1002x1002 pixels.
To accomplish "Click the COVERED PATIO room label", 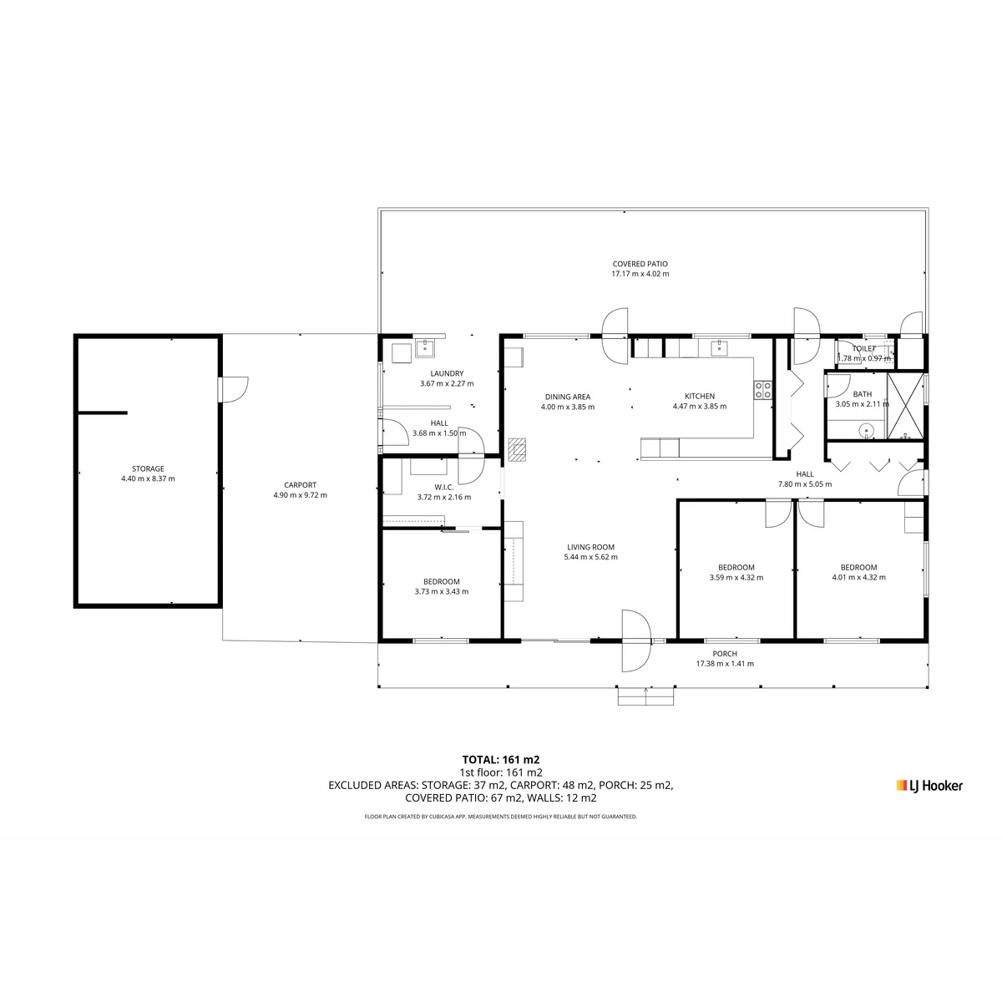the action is tap(640, 264).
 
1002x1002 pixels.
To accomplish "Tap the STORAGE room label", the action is tap(148, 468).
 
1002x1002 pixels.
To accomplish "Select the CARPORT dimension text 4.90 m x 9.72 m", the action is tap(300, 495).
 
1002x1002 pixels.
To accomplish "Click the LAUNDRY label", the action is tap(447, 373).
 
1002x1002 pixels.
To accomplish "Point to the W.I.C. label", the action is tap(444, 487).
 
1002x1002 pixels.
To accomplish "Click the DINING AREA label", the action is tap(567, 397).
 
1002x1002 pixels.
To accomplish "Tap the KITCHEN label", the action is tap(700, 397).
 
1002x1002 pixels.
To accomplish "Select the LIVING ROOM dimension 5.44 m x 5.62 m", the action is tap(590, 557).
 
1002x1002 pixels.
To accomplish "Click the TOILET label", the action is tap(863, 348).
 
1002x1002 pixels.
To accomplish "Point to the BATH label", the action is tap(862, 394).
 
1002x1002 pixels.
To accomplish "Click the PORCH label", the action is tap(724, 654).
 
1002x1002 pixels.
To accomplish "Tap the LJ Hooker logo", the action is tap(929, 786).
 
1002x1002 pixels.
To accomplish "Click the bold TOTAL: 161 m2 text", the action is tap(501, 760).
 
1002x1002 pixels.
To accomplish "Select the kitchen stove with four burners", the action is tap(763, 390).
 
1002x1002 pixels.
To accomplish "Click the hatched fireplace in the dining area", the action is tap(517, 450).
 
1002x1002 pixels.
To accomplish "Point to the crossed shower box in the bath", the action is tap(905, 406).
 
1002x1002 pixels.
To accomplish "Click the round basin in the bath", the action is tap(866, 431).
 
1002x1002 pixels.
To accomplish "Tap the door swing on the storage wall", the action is tap(234, 389).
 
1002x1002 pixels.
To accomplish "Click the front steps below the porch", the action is tap(645, 696).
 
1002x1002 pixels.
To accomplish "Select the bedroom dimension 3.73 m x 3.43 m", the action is tap(442, 591).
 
